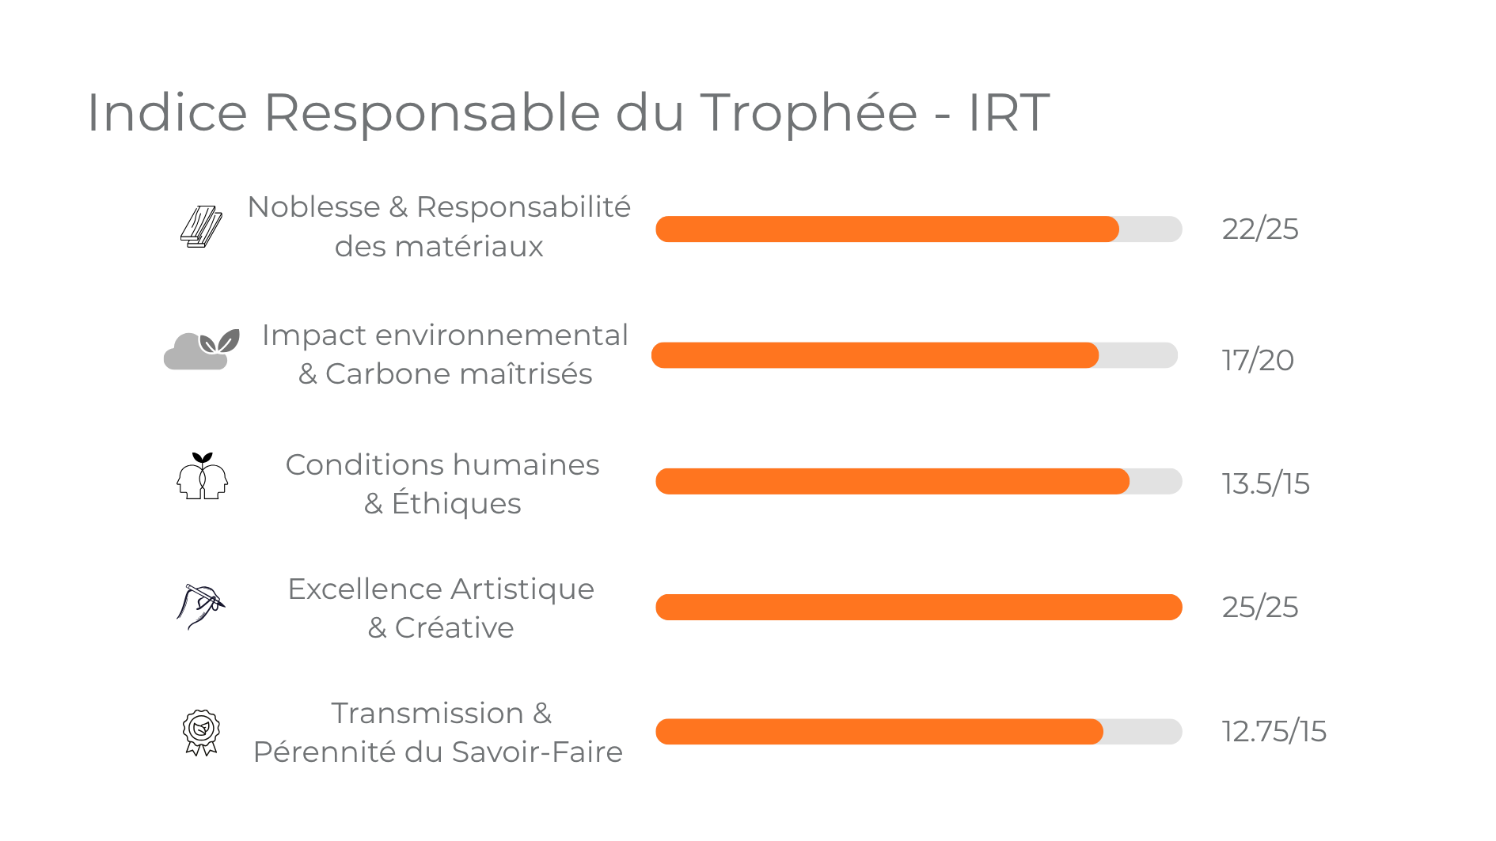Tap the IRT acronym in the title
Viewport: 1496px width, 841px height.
(1008, 112)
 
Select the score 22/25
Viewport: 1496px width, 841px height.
(1259, 229)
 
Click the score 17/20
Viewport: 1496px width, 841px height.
(1257, 361)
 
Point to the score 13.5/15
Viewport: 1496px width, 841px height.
(1265, 483)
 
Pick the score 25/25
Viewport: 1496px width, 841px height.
(1259, 607)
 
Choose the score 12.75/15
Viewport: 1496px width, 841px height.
(1273, 731)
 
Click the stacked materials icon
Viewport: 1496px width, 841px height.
(201, 227)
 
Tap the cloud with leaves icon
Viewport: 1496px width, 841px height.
(202, 350)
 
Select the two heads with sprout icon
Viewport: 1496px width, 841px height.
(202, 476)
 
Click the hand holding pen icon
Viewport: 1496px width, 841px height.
(201, 605)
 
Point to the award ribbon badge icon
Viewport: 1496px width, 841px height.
(201, 732)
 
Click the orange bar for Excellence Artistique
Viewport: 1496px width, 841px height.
(918, 607)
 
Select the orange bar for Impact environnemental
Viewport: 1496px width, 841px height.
(875, 355)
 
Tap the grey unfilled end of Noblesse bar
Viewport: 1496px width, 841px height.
(1152, 229)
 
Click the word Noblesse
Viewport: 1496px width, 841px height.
(313, 207)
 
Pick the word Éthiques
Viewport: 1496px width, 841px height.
(456, 504)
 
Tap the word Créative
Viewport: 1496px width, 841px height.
(454, 628)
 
